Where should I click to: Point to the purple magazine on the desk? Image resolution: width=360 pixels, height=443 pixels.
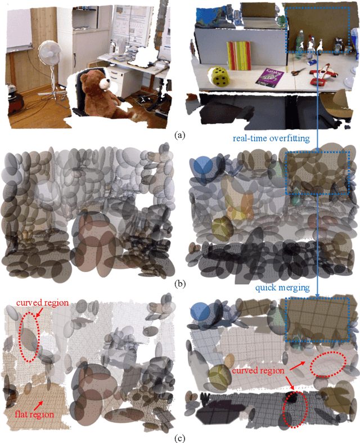point(268,76)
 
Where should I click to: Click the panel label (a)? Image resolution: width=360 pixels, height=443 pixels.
point(179,135)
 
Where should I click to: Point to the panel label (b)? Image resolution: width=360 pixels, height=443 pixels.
point(179,284)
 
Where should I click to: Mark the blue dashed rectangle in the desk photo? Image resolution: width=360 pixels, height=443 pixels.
point(319,28)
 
